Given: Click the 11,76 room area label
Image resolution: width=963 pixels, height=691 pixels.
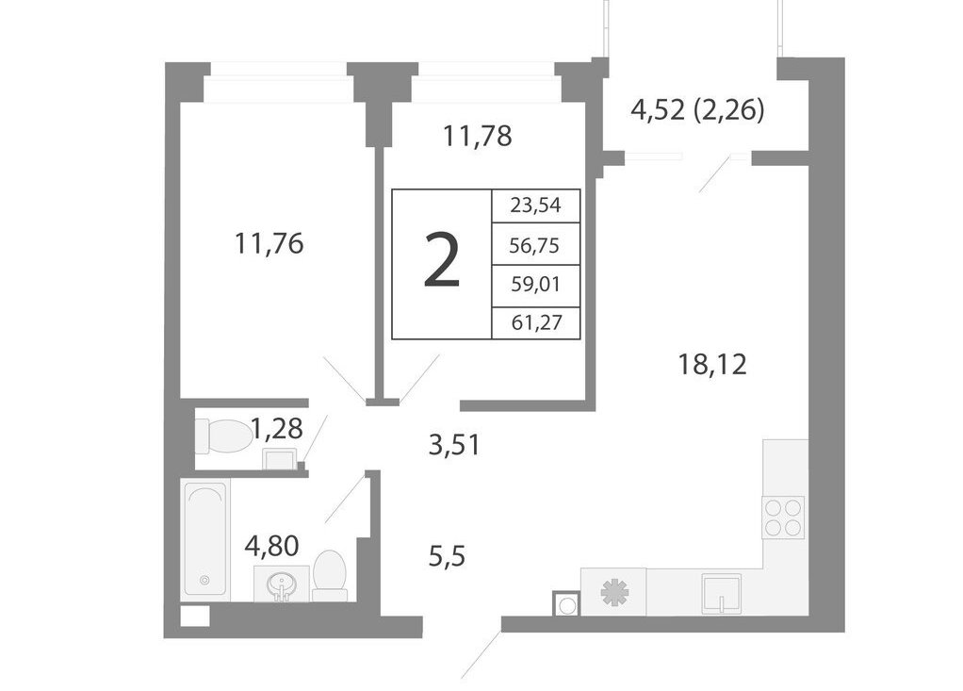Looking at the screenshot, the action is click(x=269, y=244).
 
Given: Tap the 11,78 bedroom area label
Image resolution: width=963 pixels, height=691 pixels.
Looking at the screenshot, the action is click(x=477, y=136).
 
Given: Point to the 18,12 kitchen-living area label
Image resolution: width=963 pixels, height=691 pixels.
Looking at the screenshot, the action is click(x=712, y=364).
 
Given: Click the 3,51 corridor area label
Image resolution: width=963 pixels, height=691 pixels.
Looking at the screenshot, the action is click(x=454, y=445).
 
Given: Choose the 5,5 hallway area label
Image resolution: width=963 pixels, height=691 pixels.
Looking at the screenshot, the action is click(x=447, y=557).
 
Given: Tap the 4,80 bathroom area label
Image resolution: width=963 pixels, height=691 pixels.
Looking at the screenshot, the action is click(x=271, y=545).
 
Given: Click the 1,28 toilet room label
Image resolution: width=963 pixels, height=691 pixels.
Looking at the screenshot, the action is click(x=277, y=428).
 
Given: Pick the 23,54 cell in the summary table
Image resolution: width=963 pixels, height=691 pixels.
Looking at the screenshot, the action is click(x=535, y=206).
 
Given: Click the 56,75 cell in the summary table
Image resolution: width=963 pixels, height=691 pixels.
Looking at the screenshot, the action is click(x=534, y=246).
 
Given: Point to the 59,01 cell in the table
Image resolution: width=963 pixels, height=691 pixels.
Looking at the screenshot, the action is click(x=535, y=285).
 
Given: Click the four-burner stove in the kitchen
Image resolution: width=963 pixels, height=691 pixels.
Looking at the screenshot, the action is click(x=783, y=518).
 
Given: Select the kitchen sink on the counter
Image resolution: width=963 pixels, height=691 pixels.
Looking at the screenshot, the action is click(x=722, y=593).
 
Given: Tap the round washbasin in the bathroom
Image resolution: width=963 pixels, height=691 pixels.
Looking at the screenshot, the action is click(x=282, y=584).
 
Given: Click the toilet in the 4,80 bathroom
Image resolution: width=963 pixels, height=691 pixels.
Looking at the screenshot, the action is click(x=329, y=575).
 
